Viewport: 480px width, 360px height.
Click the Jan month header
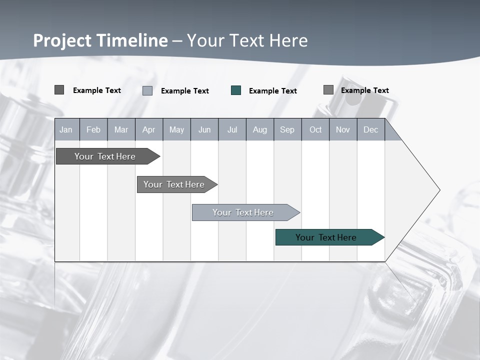pos(66,129)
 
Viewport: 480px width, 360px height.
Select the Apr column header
pos(148,129)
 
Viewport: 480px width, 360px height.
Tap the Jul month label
pos(232,129)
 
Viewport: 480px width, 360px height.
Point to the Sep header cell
pos(287,129)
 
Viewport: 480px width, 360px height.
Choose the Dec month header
pos(370,129)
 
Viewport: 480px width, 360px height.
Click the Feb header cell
pos(93,129)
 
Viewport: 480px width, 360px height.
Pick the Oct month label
pos(315,129)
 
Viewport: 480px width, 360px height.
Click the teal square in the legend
pos(236,90)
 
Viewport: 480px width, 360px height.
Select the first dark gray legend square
pos(59,90)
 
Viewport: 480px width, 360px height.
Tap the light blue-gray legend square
pos(147,90)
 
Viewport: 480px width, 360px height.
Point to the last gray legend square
pos(328,90)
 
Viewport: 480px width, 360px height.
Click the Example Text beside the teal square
pos(272,91)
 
